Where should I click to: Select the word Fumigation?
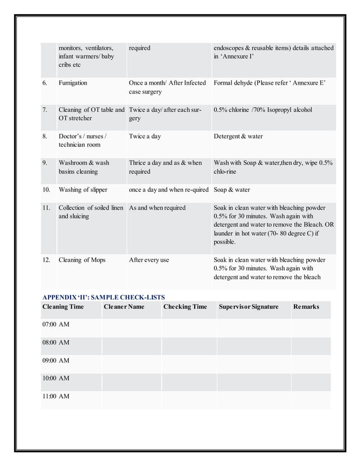click(x=73, y=83)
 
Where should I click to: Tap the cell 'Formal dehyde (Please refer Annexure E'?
click(x=270, y=83)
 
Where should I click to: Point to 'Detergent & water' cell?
click(x=238, y=137)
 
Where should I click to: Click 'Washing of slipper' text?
click(x=83, y=190)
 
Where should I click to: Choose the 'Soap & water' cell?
click(x=231, y=190)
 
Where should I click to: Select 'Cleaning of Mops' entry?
click(x=81, y=260)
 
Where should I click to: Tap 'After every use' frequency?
click(x=148, y=260)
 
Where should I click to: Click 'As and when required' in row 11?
click(x=157, y=208)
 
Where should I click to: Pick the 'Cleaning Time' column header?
click(x=63, y=307)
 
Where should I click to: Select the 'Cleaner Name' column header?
click(x=124, y=307)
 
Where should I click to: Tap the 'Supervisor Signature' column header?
click(x=248, y=307)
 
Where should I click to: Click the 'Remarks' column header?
click(x=306, y=307)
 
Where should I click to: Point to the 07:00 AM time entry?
click(x=55, y=325)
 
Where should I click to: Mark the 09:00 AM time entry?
click(x=55, y=361)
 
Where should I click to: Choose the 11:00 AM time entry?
click(x=55, y=397)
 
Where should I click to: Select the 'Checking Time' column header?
click(x=185, y=307)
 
